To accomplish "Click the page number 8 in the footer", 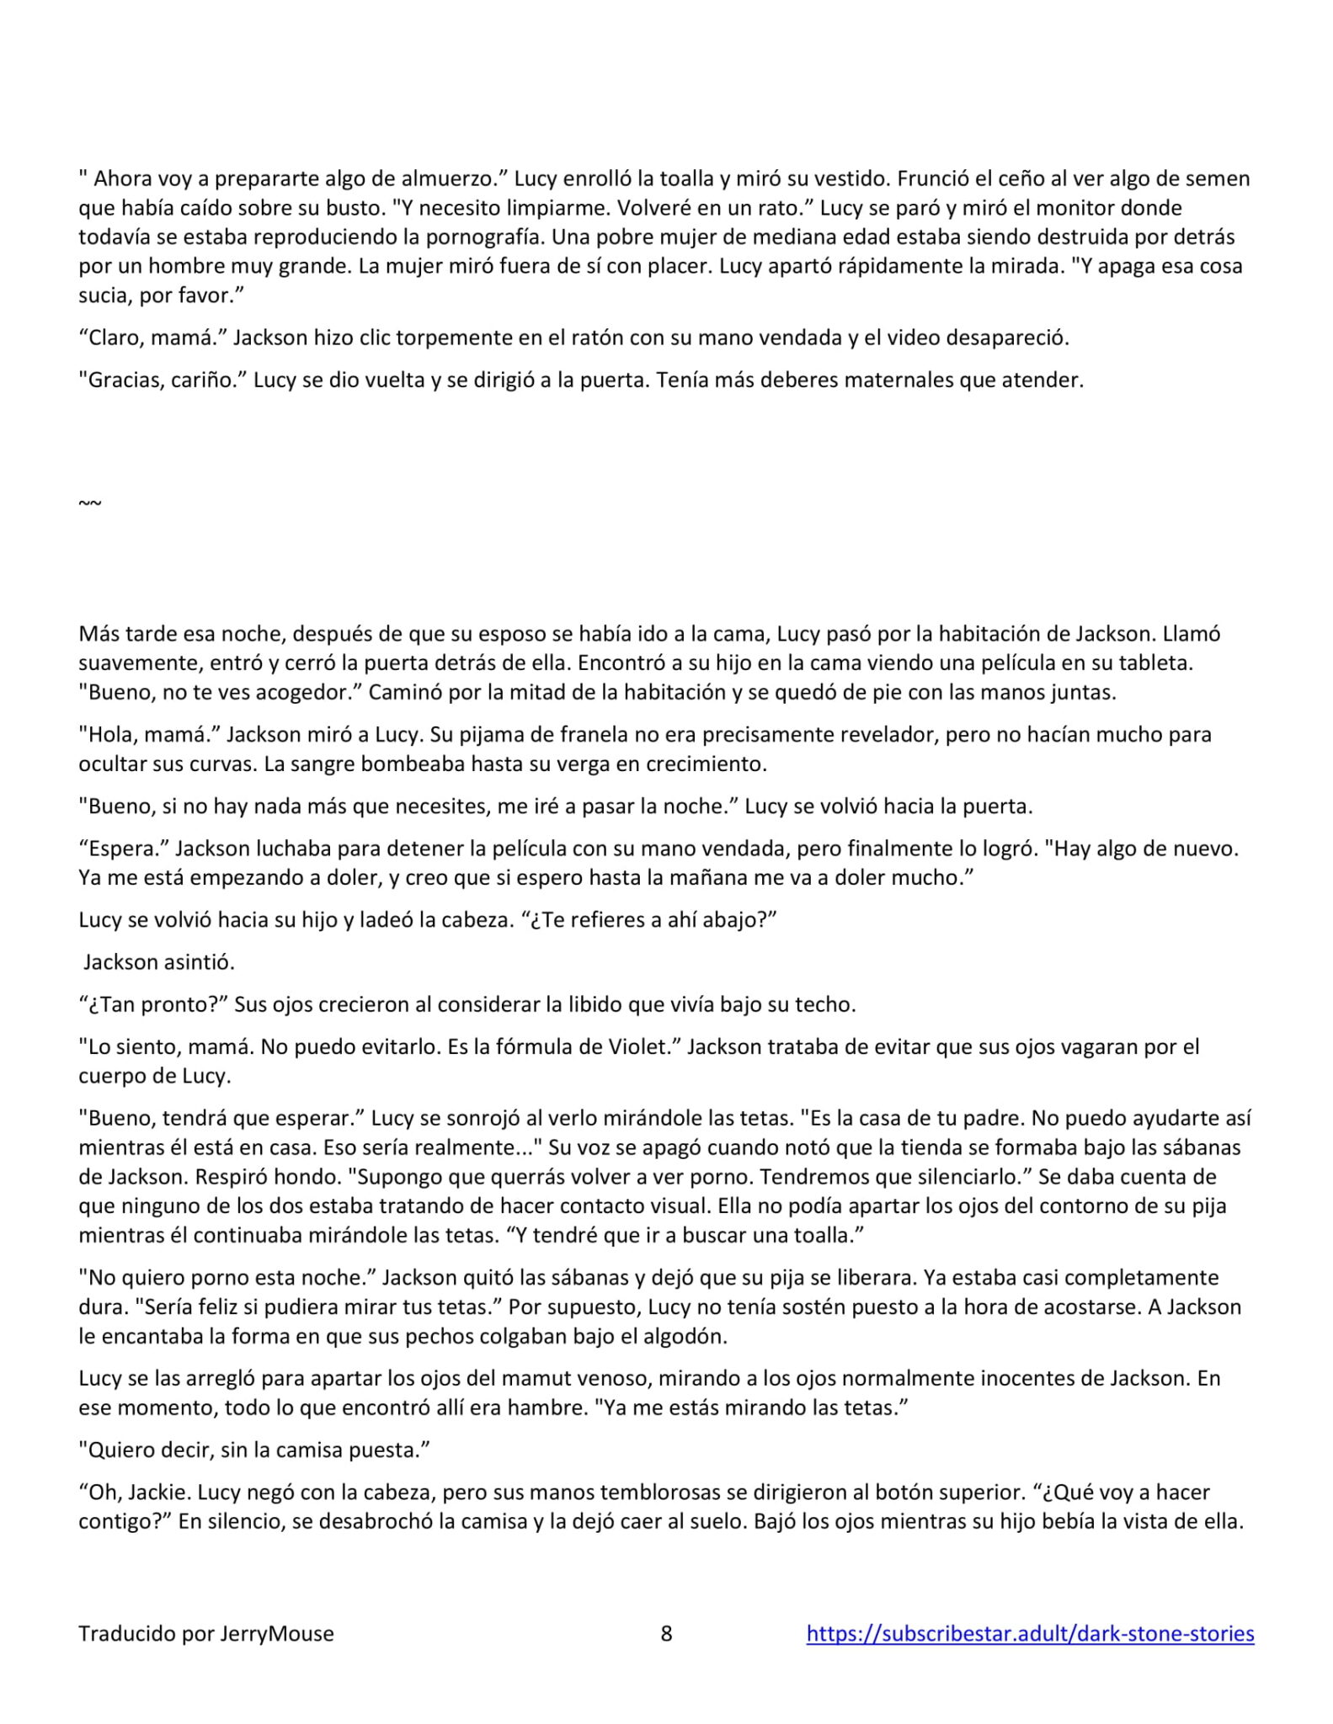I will tap(666, 1633).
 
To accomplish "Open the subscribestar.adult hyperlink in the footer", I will tap(1030, 1633).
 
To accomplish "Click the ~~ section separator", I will tap(90, 503).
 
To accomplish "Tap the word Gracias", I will tap(118, 380).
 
